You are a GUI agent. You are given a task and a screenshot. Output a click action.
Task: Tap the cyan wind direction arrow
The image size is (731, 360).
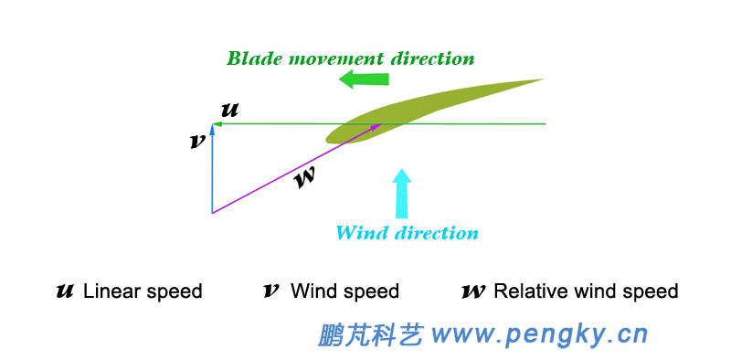(x=401, y=192)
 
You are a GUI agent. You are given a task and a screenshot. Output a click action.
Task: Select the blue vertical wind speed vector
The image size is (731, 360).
(x=212, y=174)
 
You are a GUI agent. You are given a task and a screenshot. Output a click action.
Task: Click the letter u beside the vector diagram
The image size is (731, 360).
(x=230, y=110)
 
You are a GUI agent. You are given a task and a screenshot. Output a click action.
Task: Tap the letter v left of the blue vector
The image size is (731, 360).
(x=196, y=142)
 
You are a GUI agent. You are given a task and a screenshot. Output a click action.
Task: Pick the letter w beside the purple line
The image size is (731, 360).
(x=305, y=176)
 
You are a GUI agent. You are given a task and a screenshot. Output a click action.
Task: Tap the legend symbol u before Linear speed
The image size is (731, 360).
(x=65, y=291)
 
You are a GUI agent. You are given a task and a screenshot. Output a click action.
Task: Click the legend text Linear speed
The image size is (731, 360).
(x=143, y=292)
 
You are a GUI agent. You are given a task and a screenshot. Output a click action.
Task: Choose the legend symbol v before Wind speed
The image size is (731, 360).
(x=271, y=291)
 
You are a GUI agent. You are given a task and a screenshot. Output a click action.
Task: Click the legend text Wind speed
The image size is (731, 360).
(x=344, y=292)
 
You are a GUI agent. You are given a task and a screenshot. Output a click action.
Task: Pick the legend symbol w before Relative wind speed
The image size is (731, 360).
(x=473, y=291)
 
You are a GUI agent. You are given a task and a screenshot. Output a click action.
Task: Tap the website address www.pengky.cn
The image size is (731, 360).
(x=539, y=334)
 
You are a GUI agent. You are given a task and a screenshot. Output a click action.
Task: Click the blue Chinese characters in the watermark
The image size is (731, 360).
(x=370, y=334)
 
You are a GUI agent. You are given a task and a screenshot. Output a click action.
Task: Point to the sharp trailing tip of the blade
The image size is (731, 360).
(x=542, y=79)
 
